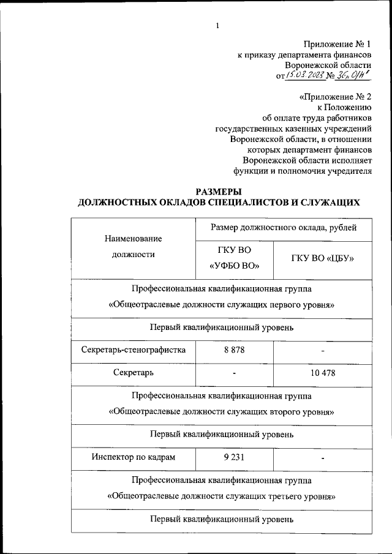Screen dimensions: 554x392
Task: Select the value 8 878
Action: (234, 350)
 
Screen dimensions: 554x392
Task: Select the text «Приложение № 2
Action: (336, 96)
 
